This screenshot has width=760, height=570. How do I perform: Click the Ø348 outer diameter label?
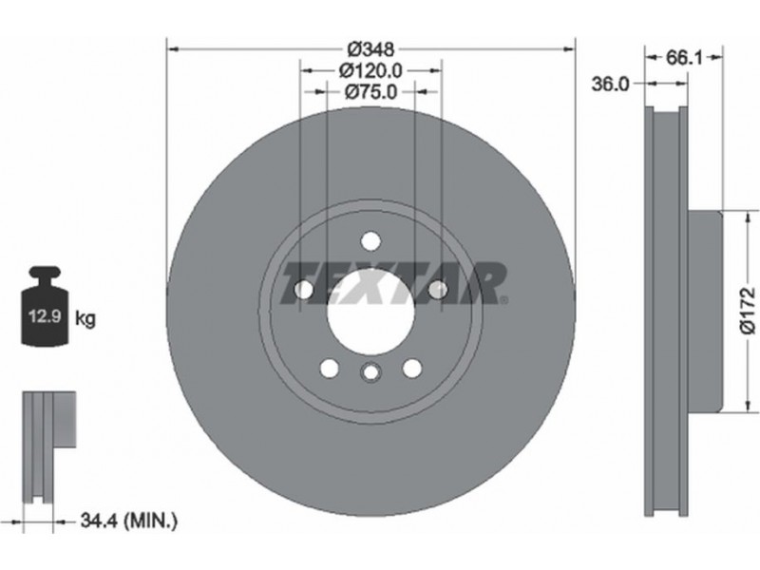371,49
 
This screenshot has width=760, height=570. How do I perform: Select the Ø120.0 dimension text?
370,70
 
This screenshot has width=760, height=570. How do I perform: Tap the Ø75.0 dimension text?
370,91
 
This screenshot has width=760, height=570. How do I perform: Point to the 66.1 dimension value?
683,58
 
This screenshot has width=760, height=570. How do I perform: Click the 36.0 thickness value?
610,84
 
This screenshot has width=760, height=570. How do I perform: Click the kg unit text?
85,318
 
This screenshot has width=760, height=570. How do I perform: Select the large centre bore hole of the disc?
370,311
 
